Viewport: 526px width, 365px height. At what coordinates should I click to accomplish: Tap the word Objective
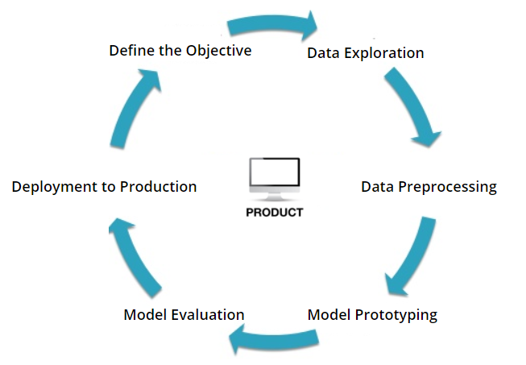tap(219, 52)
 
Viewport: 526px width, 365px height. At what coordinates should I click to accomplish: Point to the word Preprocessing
tap(448, 188)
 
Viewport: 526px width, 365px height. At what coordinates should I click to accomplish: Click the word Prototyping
tap(396, 315)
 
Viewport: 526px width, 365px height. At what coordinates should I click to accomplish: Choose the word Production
tap(159, 186)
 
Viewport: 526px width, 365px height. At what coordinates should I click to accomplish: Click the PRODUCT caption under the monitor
tap(275, 213)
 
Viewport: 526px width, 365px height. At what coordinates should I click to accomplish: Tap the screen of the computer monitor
tap(275, 172)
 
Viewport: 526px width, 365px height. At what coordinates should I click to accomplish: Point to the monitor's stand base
tap(274, 198)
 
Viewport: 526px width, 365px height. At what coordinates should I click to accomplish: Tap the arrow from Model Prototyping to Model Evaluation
tap(273, 339)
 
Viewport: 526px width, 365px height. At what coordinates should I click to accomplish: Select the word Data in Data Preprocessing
tap(378, 187)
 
